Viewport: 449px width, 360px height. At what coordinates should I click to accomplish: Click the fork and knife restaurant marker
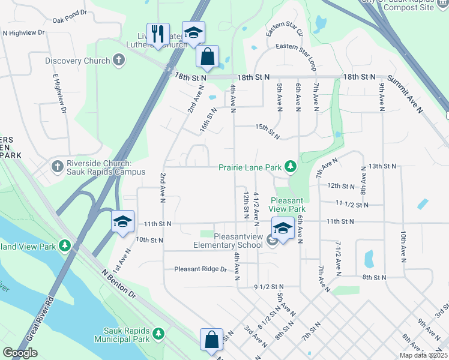coord(158,34)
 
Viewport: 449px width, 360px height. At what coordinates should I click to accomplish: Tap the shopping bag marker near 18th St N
coord(207,57)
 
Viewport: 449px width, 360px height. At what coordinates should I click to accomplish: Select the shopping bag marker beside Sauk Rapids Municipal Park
coord(211,340)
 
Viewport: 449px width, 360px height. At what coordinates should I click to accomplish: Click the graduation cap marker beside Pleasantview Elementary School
coord(282,228)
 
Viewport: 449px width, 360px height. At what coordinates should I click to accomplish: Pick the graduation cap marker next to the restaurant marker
coord(193,33)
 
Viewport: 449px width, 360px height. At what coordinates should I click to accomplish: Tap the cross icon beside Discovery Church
coord(119,61)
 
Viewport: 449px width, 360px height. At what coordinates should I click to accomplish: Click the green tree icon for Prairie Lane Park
coord(291,166)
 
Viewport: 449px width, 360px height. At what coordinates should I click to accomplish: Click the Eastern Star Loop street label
coord(295,46)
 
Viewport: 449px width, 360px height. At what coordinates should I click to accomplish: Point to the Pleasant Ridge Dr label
coord(200,269)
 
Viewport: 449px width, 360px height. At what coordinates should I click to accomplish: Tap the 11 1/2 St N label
coord(352,205)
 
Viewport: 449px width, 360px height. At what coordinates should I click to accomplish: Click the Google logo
coord(20,352)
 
